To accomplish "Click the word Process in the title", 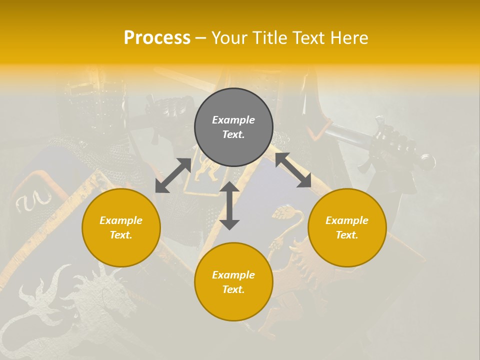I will point(157,38).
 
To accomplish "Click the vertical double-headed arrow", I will point(229,205).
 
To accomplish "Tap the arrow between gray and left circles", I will point(173,175).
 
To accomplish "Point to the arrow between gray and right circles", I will point(293,170).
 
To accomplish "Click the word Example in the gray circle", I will point(233,120).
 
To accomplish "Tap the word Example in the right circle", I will point(347,220).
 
